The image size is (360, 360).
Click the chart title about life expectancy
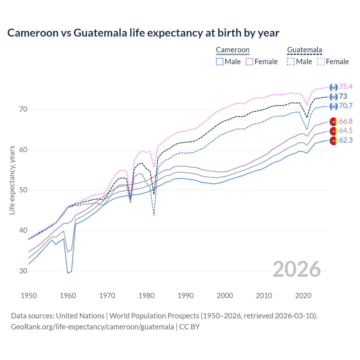143,33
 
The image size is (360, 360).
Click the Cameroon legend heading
233,50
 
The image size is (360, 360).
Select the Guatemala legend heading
304,50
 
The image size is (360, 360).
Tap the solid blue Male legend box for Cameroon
220,62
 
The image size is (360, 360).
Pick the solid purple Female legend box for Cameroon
250,62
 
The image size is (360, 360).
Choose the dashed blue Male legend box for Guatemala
291,62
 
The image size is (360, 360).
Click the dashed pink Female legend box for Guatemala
321,62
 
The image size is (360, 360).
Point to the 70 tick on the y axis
23,109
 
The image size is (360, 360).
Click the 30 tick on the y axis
23,271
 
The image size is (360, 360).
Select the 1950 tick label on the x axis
29,296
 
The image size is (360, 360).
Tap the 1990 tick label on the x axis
186,296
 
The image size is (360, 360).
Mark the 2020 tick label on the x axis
303,296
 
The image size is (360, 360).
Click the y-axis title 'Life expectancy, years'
12,180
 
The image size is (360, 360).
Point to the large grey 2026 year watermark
296,269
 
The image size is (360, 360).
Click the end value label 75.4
346,87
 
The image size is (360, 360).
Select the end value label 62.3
346,140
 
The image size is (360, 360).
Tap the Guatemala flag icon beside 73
334,97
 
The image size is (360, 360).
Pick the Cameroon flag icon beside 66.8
334,121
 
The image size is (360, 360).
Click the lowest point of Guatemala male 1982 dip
154,215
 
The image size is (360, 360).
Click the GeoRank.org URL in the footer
92,327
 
